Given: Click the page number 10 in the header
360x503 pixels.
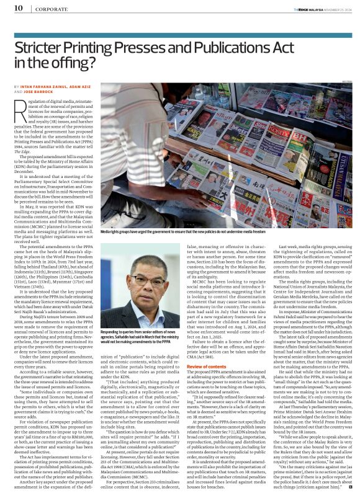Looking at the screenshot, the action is click(x=19, y=8).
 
